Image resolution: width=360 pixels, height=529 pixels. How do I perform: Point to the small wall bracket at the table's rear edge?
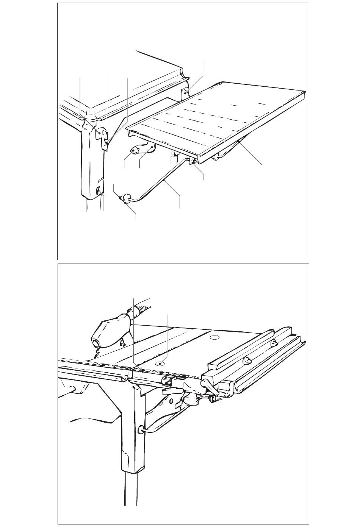[185, 92]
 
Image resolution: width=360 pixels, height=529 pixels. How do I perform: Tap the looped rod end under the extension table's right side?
[217, 156]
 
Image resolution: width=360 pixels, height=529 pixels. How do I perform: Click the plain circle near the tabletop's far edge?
[214, 337]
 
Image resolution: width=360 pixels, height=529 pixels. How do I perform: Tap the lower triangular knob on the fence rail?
[247, 360]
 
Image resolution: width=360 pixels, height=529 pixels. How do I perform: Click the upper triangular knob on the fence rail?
[274, 343]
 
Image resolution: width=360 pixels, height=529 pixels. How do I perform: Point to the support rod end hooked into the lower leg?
[141, 429]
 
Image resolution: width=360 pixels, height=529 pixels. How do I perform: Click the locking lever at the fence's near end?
[208, 385]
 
